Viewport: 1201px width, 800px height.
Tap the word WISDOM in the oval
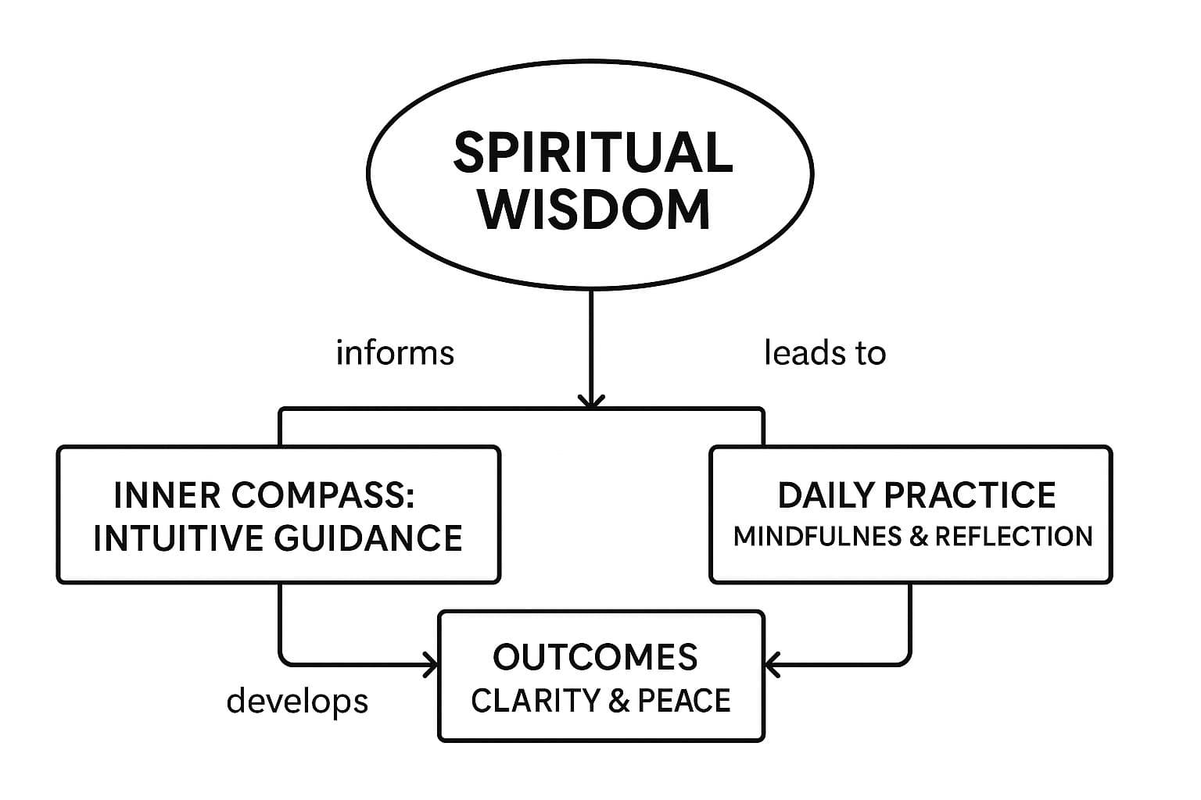pos(595,209)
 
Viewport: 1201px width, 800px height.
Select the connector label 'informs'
pos(395,352)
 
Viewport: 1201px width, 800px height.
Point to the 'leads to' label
pos(825,352)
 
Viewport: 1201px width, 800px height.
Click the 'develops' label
pos(297,701)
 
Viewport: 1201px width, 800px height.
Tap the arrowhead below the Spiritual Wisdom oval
pos(591,401)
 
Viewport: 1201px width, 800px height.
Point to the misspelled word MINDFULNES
pos(817,537)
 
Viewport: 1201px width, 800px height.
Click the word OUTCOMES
pos(595,657)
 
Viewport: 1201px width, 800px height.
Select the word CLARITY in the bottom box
pos(535,701)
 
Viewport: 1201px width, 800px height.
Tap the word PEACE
pos(684,701)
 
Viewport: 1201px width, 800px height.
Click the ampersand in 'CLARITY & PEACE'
pos(618,701)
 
